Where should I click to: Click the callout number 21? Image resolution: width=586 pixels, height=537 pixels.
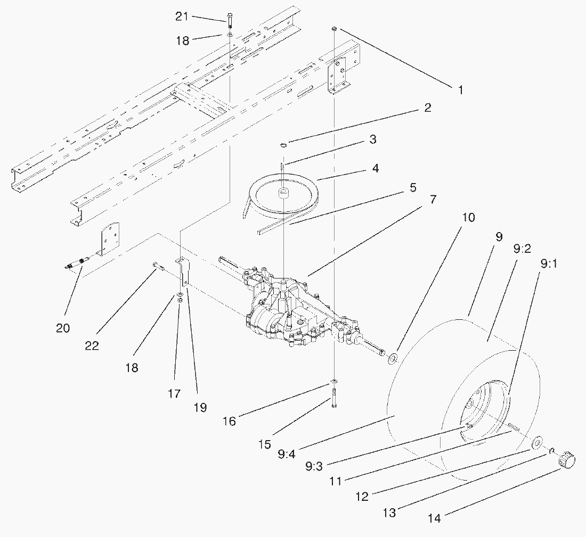(x=182, y=17)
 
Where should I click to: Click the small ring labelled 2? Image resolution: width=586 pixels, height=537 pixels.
(x=284, y=144)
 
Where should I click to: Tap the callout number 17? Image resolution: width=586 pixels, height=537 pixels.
(x=174, y=394)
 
